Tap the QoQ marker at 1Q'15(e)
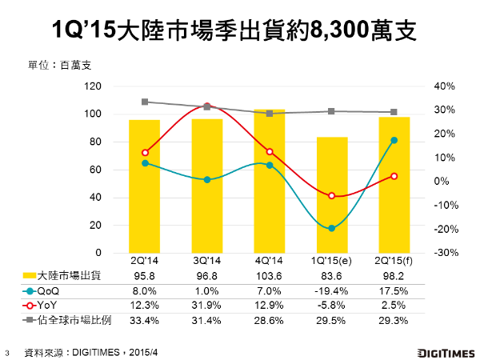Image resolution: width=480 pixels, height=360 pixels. point(332,228)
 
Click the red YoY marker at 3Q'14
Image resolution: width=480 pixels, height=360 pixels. point(207,106)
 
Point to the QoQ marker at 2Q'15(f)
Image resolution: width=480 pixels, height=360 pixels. point(394,140)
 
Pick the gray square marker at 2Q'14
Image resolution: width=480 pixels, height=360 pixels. point(145,102)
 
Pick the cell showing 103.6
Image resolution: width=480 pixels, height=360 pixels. point(270,277)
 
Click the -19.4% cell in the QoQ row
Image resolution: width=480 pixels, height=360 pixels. point(332,292)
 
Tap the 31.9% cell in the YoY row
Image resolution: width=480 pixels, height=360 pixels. point(207,306)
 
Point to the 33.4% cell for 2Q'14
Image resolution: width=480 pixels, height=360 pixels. point(145,321)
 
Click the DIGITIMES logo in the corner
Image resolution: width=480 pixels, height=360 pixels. point(443,351)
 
